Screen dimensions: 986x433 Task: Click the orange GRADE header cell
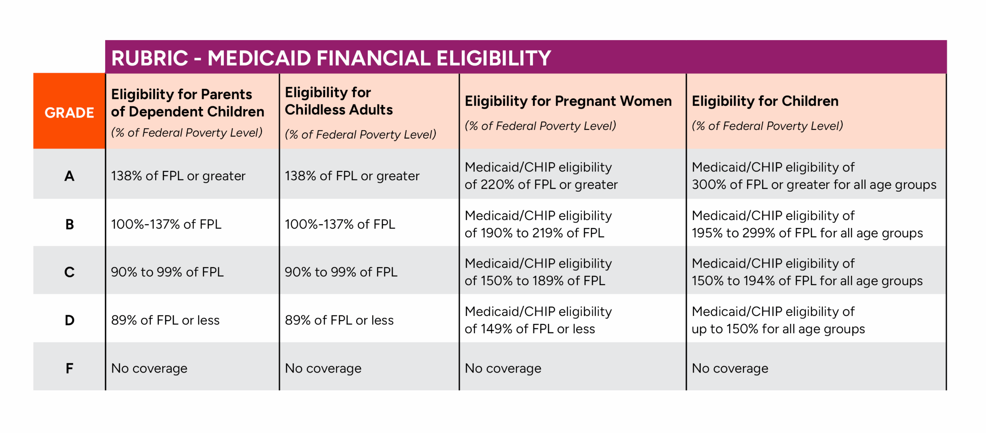[69, 111]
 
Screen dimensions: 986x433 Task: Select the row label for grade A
[69, 176]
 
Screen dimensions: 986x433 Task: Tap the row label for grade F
[69, 368]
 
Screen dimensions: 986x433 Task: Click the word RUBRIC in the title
[149, 58]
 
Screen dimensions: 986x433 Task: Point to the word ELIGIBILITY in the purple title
[494, 58]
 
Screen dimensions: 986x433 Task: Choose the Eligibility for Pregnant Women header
[568, 101]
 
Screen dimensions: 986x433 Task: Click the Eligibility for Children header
[765, 101]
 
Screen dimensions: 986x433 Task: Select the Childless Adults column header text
[339, 101]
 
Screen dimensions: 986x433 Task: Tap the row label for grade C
[69, 272]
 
